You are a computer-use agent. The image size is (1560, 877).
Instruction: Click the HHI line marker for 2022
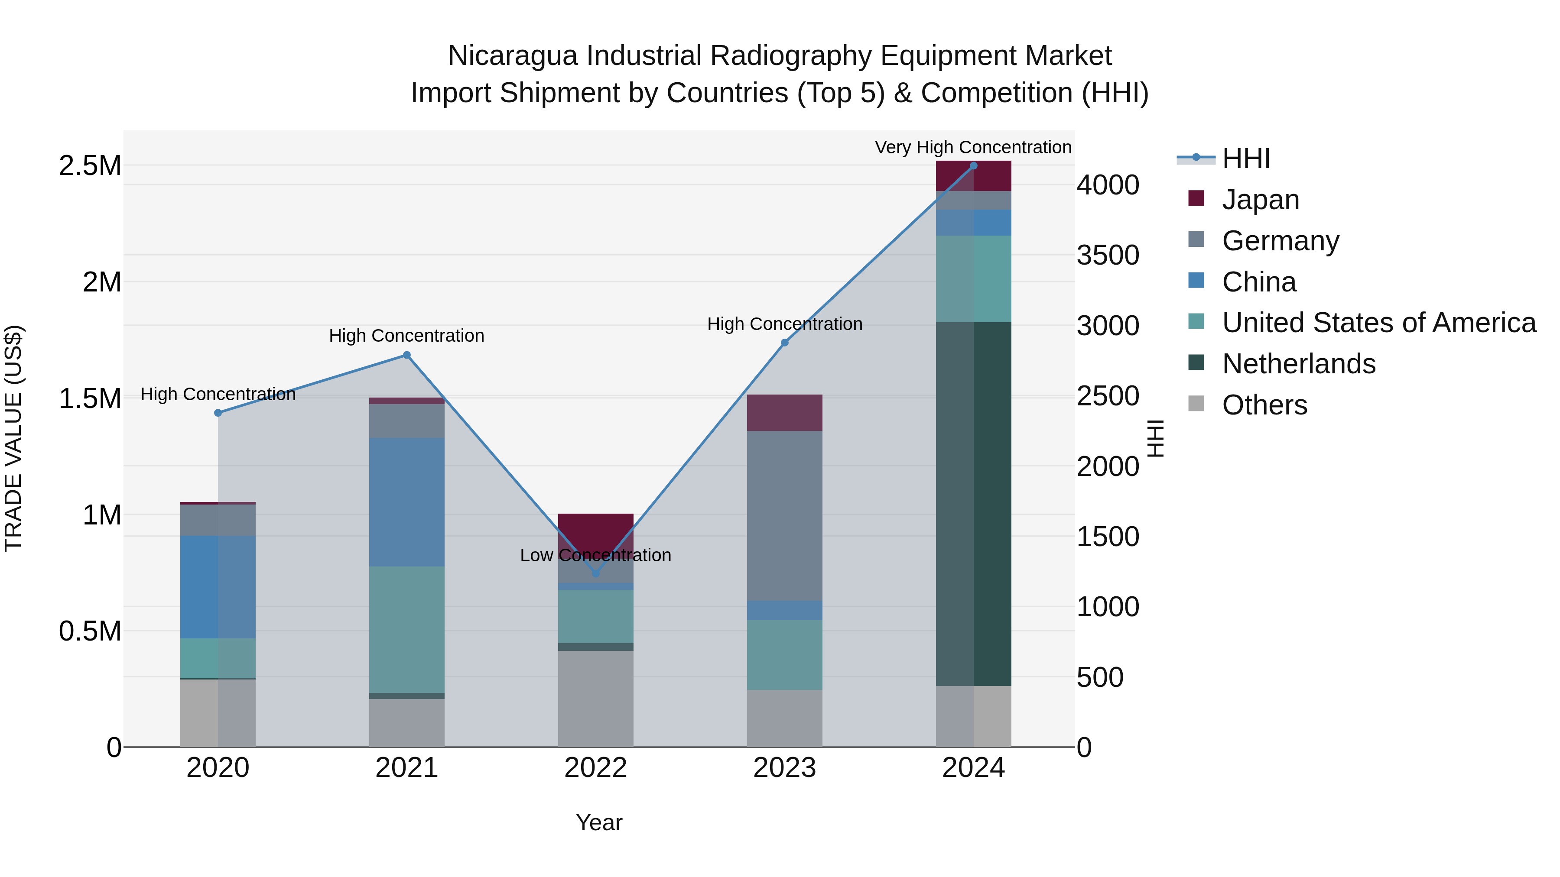(595, 573)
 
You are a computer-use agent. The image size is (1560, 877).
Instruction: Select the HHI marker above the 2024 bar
(973, 166)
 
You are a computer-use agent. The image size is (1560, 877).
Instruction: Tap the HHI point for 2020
(218, 413)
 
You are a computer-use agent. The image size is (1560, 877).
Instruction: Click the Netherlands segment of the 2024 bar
(973, 504)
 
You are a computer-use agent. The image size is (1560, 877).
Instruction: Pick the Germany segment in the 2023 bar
(784, 516)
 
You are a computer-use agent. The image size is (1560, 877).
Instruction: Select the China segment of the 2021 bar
(406, 502)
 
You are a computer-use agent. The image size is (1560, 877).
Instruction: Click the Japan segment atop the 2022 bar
(595, 530)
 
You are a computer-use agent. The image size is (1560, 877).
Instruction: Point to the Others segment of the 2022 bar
(595, 699)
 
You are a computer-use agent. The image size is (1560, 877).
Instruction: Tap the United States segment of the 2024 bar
(973, 278)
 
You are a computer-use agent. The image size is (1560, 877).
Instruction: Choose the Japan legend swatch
(1196, 198)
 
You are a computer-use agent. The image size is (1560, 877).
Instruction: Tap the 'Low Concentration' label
(595, 555)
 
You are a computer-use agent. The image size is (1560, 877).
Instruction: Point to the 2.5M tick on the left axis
(90, 166)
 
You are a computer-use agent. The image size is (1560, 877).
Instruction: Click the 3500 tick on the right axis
(1108, 255)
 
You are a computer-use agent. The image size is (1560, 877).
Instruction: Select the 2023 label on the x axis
(784, 768)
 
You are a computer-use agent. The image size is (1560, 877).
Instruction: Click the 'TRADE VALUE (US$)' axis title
(13, 438)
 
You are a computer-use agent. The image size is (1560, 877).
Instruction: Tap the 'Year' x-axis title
(599, 822)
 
